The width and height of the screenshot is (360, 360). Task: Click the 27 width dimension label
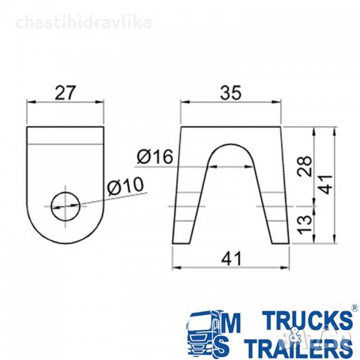click(x=64, y=93)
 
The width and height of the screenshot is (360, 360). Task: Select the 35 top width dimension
click(x=231, y=93)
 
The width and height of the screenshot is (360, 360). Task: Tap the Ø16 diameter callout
click(x=155, y=157)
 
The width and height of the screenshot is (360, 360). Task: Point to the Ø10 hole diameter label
click(x=126, y=186)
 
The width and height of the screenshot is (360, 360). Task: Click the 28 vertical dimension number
click(x=305, y=166)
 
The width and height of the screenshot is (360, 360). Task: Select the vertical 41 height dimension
click(x=326, y=184)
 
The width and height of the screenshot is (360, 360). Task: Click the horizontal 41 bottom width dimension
click(x=231, y=258)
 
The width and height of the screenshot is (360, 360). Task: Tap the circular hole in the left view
click(x=65, y=206)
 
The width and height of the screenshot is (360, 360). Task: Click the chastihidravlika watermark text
click(x=84, y=22)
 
